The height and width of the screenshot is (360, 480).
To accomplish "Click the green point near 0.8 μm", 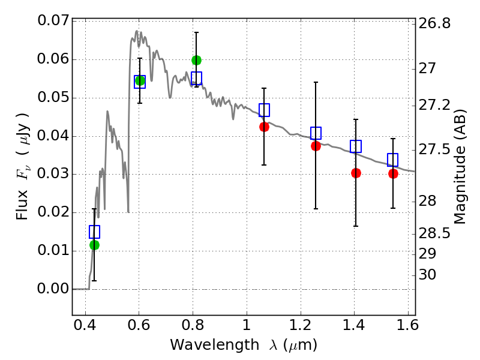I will tap(196, 60).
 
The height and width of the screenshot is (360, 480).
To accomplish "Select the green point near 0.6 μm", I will tap(140, 80).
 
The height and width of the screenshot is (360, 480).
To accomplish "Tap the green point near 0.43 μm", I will tap(94, 245).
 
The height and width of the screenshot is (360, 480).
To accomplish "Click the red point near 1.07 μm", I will tap(264, 127).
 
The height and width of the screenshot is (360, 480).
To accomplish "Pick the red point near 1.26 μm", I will tap(316, 146).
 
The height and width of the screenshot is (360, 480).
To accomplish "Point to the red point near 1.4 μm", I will tap(356, 173).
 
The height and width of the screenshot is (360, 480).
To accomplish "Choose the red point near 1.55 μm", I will tap(393, 173).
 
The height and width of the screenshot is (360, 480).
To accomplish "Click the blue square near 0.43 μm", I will tap(94, 232).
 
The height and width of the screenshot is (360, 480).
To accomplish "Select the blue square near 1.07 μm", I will tap(264, 110).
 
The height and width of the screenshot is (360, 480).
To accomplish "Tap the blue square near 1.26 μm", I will tap(316, 133).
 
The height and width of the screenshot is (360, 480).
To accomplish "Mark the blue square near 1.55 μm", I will tap(393, 160).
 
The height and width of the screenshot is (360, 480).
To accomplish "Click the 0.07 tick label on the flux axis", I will tap(53, 21).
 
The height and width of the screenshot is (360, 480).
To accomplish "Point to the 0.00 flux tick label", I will tap(53, 289).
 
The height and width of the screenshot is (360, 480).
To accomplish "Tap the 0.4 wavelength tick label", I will tap(85, 328).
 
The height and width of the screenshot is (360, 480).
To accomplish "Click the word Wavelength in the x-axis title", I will tap(205, 345).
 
